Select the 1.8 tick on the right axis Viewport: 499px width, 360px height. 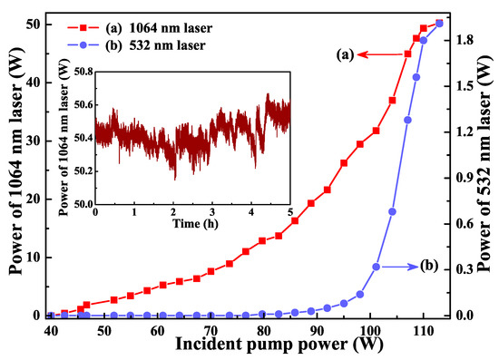point(463,40)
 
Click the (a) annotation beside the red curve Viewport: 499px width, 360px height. point(341,55)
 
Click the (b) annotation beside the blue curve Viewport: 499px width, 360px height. point(428,267)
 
